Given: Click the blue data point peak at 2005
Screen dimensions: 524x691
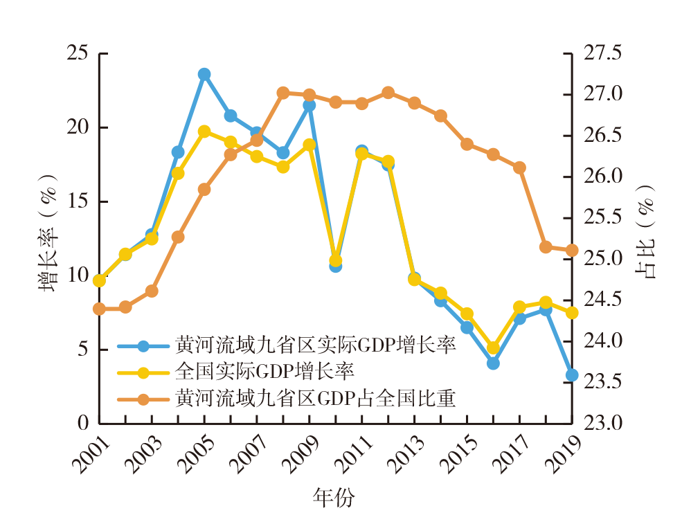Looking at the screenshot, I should (204, 74).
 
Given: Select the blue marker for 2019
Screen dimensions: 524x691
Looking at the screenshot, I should (572, 375).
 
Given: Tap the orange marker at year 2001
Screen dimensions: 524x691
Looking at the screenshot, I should (100, 309).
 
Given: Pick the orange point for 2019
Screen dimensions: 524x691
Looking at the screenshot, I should (572, 251).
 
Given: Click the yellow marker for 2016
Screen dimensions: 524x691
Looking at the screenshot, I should (494, 347).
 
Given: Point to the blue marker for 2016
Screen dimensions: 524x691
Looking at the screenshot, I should (494, 363).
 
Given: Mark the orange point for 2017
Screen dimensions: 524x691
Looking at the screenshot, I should (520, 168).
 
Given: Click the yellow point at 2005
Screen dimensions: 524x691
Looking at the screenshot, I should (204, 132).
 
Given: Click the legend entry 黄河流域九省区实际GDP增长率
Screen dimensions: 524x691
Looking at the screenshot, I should (315, 345).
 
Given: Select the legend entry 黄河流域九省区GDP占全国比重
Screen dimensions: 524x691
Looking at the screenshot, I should (315, 399).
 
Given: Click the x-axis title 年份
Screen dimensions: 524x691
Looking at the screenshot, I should (335, 497).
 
